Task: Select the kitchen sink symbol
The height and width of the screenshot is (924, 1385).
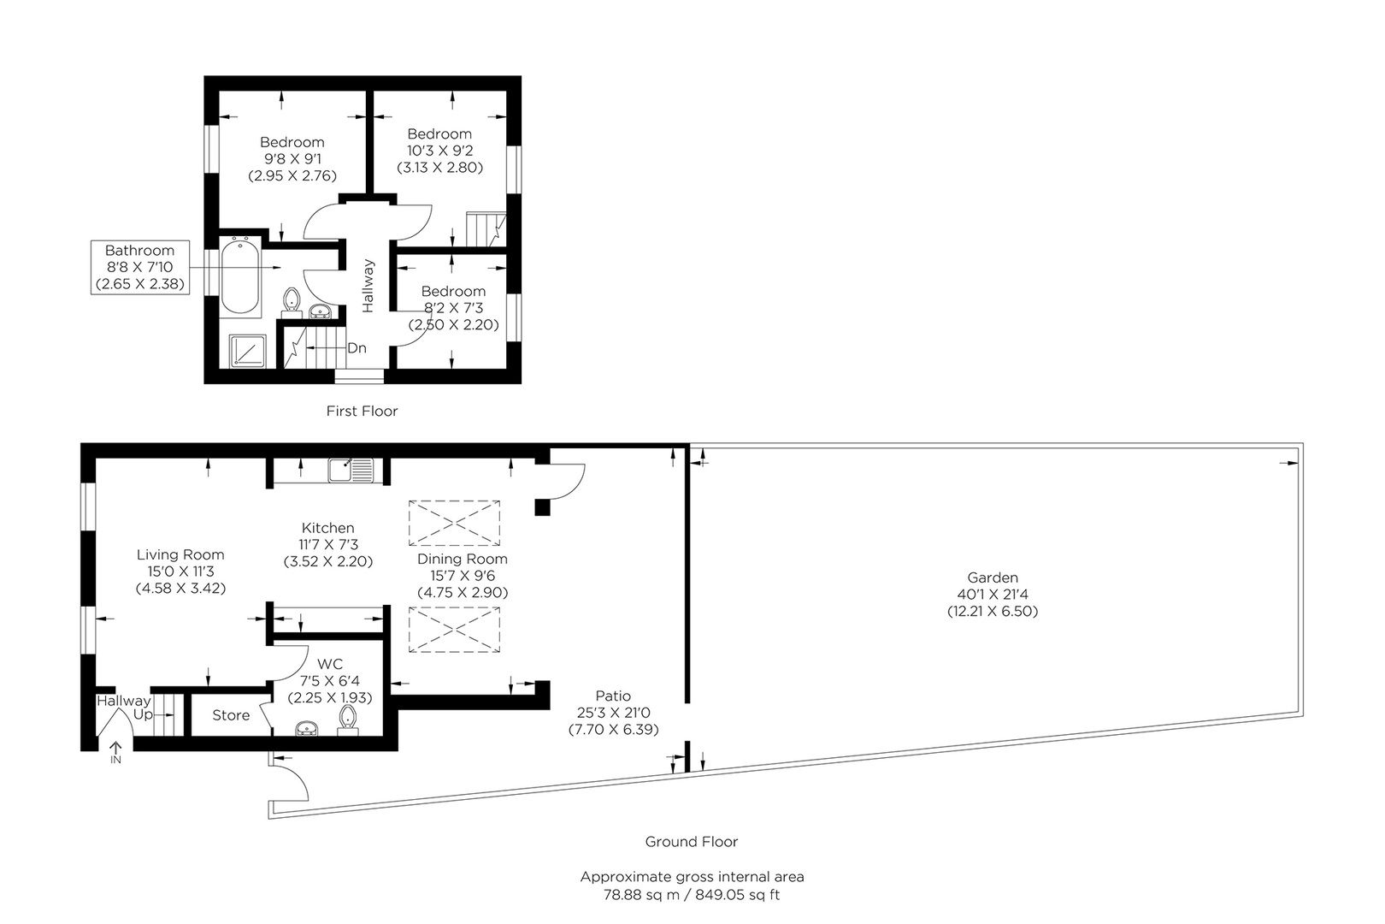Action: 351,470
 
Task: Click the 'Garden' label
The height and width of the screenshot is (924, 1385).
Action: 993,577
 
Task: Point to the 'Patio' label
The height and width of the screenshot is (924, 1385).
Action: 614,696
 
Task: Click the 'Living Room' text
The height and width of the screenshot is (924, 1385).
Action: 180,554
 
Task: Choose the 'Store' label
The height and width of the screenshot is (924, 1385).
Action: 231,715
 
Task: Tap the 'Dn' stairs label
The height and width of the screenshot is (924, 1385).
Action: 357,348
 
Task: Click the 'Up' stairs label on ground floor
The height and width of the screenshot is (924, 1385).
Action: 143,714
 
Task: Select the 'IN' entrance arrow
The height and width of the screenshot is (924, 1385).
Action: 115,752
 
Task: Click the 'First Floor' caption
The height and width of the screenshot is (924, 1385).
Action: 362,411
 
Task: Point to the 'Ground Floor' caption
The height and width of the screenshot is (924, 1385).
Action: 691,841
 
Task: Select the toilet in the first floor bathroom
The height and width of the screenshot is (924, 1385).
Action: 292,299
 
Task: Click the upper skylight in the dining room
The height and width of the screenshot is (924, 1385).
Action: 454,523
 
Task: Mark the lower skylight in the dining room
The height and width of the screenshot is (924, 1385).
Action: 454,630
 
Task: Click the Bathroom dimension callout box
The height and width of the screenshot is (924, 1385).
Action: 139,267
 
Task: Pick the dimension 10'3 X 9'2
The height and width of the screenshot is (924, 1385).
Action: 439,151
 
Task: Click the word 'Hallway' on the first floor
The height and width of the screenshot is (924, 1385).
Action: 368,286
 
